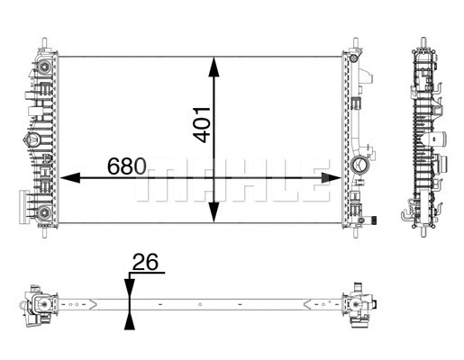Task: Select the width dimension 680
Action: pos(127,166)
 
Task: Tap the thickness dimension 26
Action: pos(144,263)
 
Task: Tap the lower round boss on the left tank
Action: pos(41,213)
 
